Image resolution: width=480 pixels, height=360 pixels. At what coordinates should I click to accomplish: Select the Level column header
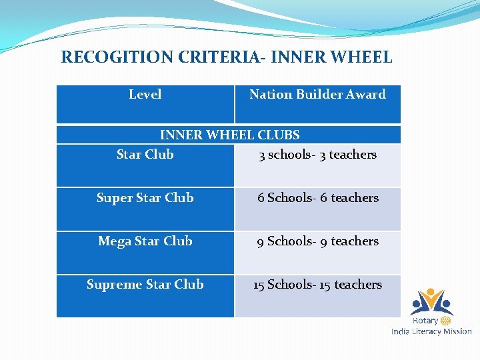tap(145, 95)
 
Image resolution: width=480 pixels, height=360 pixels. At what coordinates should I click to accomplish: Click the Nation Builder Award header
tap(317, 95)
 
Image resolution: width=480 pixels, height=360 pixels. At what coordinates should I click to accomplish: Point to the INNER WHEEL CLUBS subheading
tap(229, 135)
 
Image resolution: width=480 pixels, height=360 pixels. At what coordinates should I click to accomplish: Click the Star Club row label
tap(145, 155)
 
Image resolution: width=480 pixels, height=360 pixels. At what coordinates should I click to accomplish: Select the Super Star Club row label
tap(145, 198)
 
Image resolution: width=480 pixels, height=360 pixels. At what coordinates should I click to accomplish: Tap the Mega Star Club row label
tap(145, 241)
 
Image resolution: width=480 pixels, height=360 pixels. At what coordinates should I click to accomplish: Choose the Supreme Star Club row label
tap(145, 285)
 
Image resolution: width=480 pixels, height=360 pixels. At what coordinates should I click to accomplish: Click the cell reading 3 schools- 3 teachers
tap(317, 155)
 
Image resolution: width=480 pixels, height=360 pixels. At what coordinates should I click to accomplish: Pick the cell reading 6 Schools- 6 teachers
tap(317, 198)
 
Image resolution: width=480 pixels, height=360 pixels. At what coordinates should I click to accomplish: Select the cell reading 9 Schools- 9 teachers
tap(317, 241)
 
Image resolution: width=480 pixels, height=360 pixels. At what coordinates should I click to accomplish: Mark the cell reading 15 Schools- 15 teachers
tap(317, 285)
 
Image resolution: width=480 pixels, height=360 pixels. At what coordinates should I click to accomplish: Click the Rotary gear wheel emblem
tap(446, 321)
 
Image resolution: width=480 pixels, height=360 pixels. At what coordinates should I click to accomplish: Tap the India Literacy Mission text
tap(431, 331)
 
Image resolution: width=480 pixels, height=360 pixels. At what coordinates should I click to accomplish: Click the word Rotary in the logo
tap(425, 321)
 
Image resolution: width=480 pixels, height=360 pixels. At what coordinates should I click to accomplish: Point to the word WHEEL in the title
tap(361, 57)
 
